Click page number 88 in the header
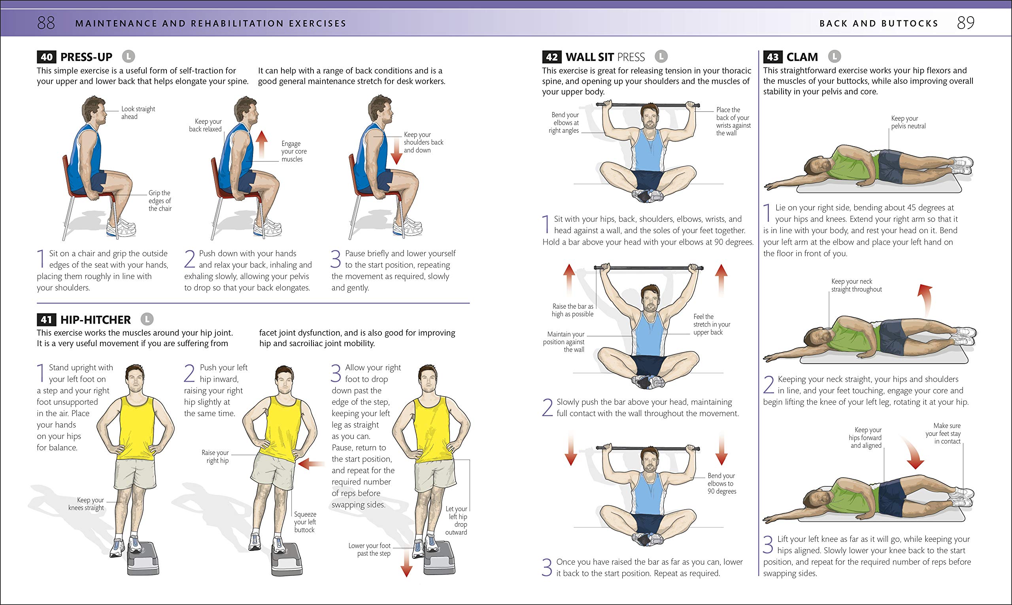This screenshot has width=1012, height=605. click(46, 23)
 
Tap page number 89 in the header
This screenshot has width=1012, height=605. click(965, 23)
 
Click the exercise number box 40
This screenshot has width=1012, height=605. click(47, 57)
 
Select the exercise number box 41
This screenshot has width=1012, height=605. click(47, 320)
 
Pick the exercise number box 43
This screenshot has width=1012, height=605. click(773, 57)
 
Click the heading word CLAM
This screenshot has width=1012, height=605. click(802, 57)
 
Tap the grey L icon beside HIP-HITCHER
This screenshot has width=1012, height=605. click(147, 319)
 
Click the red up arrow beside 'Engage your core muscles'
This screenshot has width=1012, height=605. click(261, 144)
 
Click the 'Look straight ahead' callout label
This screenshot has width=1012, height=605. click(138, 113)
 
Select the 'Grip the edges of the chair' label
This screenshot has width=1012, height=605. click(160, 201)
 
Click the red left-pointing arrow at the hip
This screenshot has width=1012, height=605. click(311, 464)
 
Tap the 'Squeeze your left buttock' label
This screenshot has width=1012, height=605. click(305, 522)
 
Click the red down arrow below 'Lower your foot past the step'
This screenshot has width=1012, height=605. click(406, 565)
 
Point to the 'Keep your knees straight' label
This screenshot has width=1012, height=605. click(86, 504)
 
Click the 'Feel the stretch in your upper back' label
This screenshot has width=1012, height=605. click(712, 324)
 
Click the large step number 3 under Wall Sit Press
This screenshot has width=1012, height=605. click(547, 567)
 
